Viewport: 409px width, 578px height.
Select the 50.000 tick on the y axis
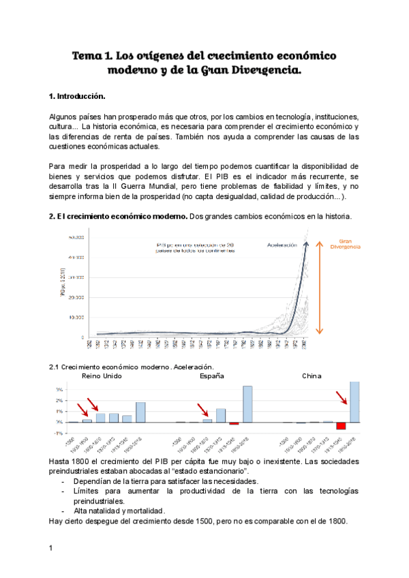75,237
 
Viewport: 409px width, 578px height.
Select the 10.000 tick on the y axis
75,318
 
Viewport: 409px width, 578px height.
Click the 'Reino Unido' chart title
102,376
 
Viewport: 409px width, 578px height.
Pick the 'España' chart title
211,376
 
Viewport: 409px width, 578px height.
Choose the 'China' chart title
313,376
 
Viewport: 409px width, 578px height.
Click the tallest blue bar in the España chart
247,404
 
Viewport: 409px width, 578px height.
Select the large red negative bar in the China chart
341,426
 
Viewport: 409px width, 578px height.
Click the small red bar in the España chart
234,423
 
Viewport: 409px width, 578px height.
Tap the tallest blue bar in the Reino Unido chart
140,412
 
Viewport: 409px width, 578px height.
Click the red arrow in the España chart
202,410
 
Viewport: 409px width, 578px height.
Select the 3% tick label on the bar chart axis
59,390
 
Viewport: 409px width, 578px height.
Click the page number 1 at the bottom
51,548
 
